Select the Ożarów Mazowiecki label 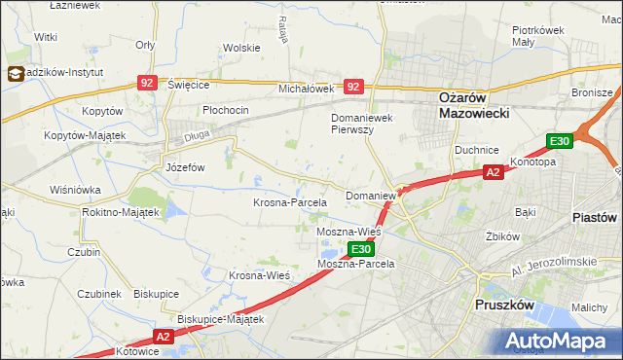click(x=462, y=105)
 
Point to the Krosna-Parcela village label click(x=289, y=202)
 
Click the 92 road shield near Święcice click(x=147, y=86)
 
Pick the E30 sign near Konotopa click(x=558, y=142)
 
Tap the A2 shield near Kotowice click(x=163, y=337)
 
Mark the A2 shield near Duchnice click(x=494, y=173)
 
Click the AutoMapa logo click(x=559, y=340)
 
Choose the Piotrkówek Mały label click(x=538, y=36)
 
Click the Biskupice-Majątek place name click(x=220, y=318)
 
